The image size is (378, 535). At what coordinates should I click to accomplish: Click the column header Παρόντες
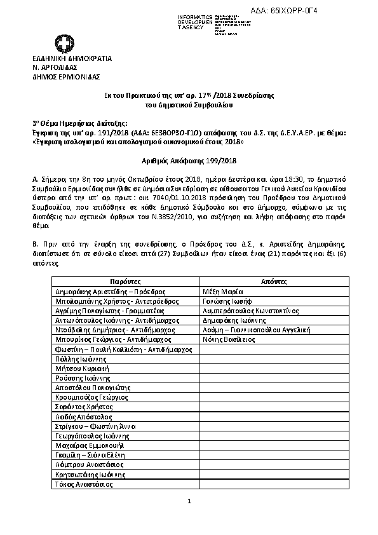(x=125, y=281)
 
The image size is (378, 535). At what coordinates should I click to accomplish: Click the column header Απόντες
(x=274, y=281)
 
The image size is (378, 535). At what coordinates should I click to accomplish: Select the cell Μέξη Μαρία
(x=220, y=290)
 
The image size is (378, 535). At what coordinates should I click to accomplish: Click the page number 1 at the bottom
(x=189, y=502)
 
